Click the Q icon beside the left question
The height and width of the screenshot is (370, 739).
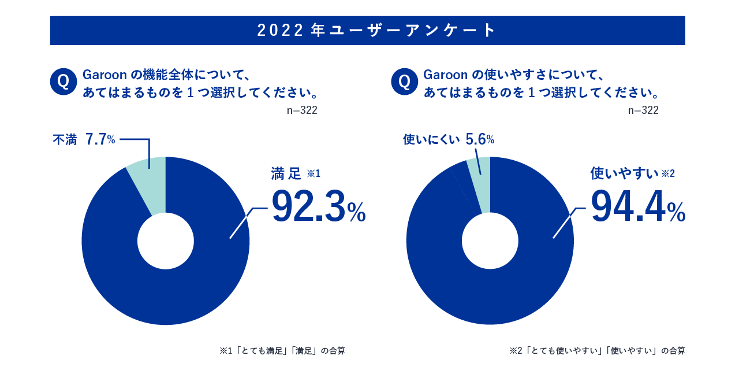tap(64, 82)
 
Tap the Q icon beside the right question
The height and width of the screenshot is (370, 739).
tap(404, 82)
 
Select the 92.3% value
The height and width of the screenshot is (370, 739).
tap(318, 208)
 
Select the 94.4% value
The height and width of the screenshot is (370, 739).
tap(637, 208)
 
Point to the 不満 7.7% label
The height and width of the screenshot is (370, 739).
tap(84, 139)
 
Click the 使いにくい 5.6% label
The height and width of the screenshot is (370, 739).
tap(448, 139)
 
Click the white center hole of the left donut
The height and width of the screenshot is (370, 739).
tap(166, 241)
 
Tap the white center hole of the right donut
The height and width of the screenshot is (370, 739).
tap(490, 241)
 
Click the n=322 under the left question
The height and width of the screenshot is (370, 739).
tap(302, 110)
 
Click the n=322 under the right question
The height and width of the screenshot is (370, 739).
tap(643, 110)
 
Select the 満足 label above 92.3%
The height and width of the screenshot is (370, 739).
tap(286, 173)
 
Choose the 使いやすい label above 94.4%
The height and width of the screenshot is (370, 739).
tap(624, 173)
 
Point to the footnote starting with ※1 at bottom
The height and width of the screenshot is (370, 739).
tap(282, 350)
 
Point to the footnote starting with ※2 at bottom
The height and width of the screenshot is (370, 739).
tap(598, 350)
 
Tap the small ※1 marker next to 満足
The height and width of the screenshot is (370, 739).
tap(313, 173)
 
